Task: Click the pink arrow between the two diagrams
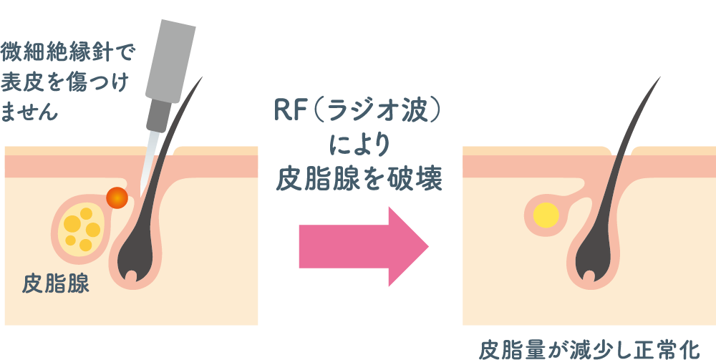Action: [364, 246]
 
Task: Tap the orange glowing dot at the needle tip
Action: [117, 198]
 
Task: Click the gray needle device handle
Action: [170, 61]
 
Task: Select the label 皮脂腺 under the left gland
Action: [56, 284]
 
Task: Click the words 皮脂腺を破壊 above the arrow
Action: [359, 180]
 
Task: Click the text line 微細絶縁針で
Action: [68, 53]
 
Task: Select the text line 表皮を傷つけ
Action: [64, 82]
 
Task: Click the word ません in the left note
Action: [29, 112]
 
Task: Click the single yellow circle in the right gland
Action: [546, 215]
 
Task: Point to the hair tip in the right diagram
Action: [660, 77]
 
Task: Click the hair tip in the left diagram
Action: [202, 77]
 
